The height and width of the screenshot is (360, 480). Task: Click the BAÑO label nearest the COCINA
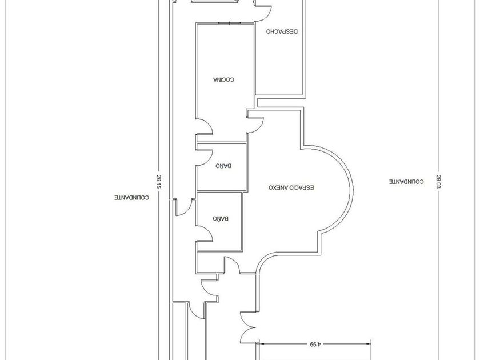[x=222, y=166]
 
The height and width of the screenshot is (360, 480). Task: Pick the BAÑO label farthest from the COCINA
[x=221, y=218]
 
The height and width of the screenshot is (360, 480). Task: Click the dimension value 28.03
[x=439, y=182]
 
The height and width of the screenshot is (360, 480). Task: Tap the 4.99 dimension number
[x=314, y=345]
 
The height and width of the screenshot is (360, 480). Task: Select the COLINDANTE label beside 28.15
[x=131, y=197]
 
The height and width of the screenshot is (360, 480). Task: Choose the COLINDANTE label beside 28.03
[x=406, y=182]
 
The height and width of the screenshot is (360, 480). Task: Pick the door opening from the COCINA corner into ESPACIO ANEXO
[x=255, y=122]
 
